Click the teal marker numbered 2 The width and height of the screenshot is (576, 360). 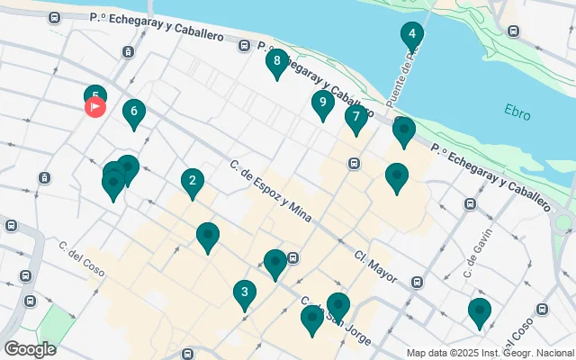coord(191,183)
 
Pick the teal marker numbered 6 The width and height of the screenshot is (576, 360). coord(134,112)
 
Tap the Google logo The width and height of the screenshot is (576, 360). coord(30,348)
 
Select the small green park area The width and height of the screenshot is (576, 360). coord(56,323)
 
